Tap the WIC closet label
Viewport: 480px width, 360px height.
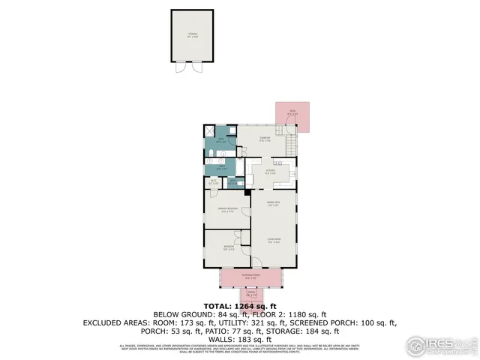coord(214,181)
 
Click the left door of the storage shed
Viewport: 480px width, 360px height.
coord(180,67)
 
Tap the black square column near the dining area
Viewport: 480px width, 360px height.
coord(246,193)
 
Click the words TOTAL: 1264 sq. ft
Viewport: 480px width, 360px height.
coord(240,306)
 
